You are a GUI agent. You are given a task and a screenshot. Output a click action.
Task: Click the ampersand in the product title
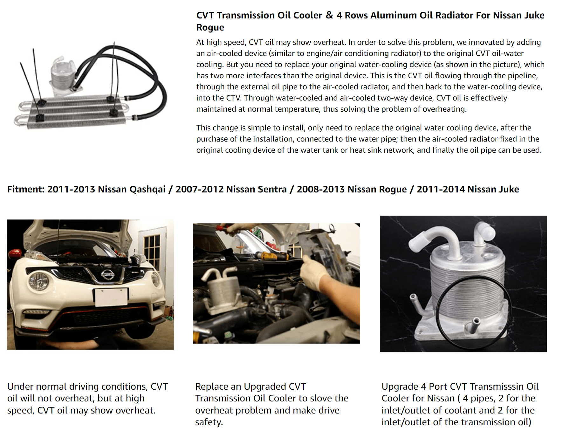pos(329,15)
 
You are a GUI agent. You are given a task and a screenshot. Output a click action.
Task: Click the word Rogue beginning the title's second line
pos(210,28)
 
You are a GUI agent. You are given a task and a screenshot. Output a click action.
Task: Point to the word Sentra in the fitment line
pos(271,189)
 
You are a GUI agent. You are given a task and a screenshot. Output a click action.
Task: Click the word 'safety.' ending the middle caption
pos(209,422)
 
